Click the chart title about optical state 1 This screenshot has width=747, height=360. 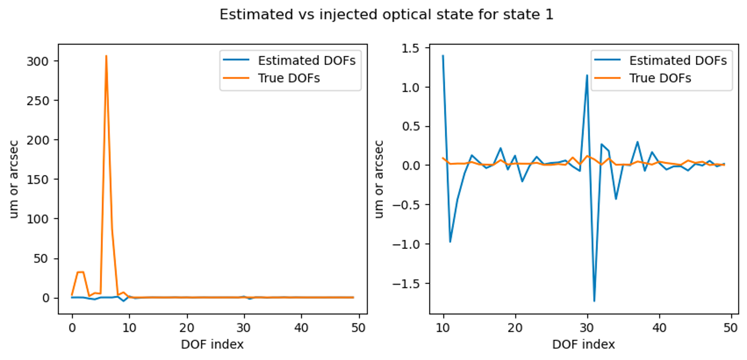386,15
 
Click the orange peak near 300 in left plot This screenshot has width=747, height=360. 106,56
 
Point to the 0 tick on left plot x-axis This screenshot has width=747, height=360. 72,328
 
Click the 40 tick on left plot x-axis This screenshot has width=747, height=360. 301,328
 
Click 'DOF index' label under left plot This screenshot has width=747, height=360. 212,344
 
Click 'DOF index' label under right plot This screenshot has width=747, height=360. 584,344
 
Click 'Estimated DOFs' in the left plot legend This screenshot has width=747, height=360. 306,61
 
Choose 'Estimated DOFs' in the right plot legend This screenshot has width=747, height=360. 678,61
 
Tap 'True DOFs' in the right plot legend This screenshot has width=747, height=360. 660,78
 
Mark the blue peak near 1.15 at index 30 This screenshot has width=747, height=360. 587,76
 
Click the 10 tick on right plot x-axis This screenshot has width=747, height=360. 443,328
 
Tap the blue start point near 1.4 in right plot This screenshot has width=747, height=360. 443,56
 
